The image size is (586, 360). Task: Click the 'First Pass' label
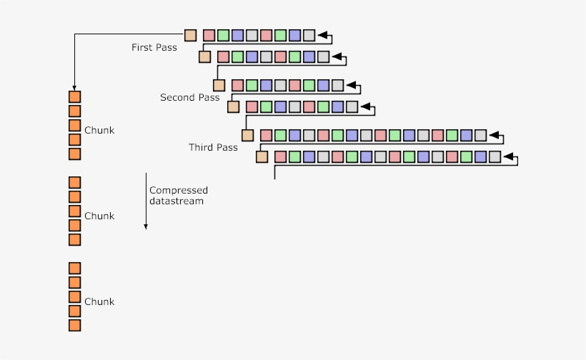(x=154, y=48)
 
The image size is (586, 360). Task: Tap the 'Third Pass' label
(x=213, y=147)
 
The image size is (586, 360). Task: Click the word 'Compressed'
(x=179, y=190)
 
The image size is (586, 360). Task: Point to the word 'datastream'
(x=177, y=201)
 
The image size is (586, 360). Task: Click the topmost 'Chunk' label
(x=99, y=131)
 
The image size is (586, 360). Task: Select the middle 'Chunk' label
(x=99, y=216)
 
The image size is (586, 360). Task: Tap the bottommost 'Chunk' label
(x=99, y=301)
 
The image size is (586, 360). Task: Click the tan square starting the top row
(x=191, y=35)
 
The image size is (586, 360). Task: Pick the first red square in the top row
(x=209, y=35)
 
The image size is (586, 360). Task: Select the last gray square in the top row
(x=309, y=35)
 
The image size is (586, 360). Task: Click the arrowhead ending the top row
(x=322, y=35)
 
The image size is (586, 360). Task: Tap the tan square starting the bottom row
(x=262, y=156)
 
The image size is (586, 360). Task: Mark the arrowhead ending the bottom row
(x=508, y=156)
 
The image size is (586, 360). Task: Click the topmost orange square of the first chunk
(x=74, y=96)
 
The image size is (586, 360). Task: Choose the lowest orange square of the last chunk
(x=74, y=326)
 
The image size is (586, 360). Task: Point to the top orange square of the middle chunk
(x=74, y=182)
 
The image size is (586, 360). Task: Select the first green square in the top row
(x=223, y=35)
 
